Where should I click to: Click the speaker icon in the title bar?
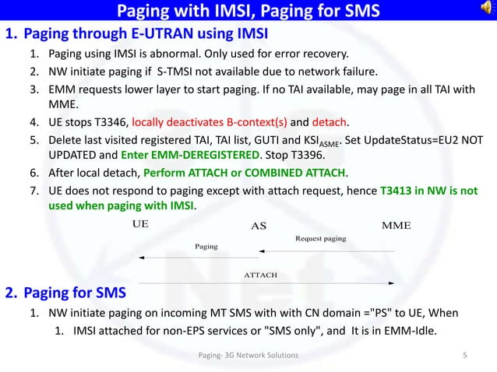click(488, 11)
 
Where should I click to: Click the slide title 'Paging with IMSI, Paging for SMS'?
click(248, 12)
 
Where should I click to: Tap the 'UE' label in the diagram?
click(140, 224)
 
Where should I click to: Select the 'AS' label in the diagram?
click(259, 226)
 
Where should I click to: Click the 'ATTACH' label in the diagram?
click(262, 275)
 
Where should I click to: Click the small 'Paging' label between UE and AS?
click(206, 246)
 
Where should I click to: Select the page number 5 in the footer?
click(464, 356)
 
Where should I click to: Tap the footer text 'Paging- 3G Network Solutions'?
click(248, 356)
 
